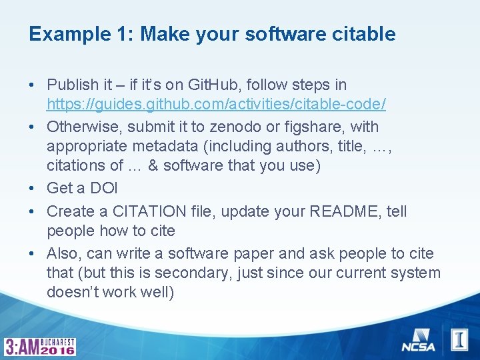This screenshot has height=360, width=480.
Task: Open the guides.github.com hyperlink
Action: click(x=216, y=105)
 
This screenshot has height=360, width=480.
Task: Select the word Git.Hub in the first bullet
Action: click(x=213, y=85)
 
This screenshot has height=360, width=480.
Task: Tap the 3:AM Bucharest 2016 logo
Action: click(x=40, y=346)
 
